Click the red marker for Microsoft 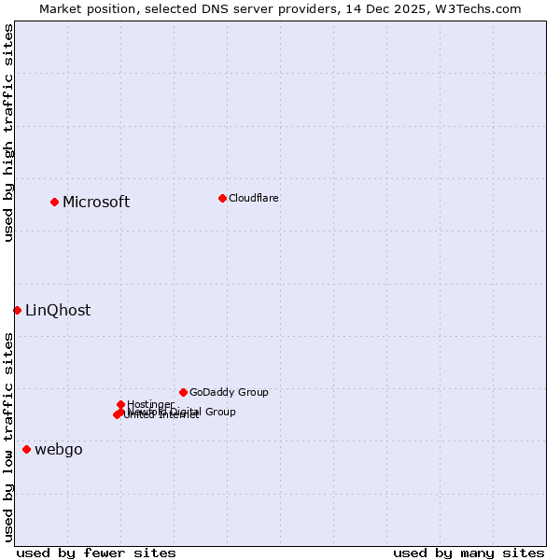54,202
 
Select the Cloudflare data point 222,198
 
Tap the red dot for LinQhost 17,310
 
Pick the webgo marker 26,450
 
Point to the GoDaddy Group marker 183,392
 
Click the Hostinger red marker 120,404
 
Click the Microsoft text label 96,202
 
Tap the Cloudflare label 254,198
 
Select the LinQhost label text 58,310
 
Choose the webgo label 59,450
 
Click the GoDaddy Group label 229,392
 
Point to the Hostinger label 150,404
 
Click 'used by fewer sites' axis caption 96,553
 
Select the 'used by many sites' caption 469,553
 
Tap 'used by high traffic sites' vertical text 8,133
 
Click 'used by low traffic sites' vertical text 8,437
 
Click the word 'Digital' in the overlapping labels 186,412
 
